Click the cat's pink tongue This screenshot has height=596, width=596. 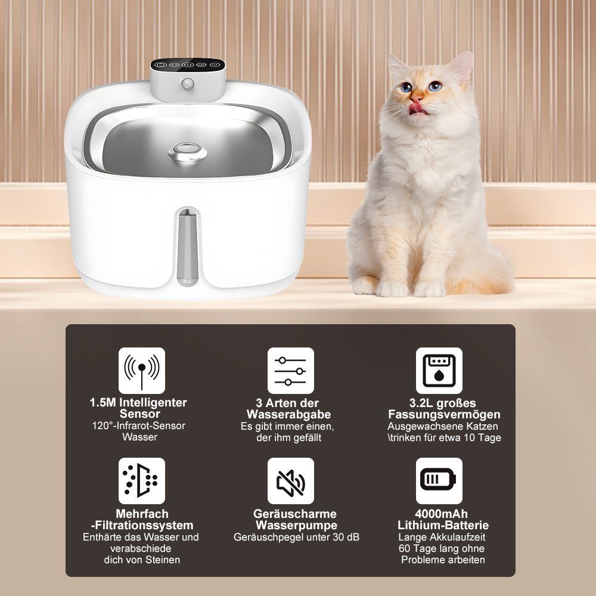coord(420,106)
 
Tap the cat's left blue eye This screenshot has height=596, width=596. coord(406,87)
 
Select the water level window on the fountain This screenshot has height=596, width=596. coord(187,244)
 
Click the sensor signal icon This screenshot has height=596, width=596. coord(141,371)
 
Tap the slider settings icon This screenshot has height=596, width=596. coord(290,371)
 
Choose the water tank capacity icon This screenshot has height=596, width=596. coord(439,371)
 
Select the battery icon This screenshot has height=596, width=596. coord(439,480)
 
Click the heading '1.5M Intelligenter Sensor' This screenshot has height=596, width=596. coord(138,408)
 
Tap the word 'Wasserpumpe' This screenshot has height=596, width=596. coord(296,525)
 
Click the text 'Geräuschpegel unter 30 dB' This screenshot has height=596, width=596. coord(296,537)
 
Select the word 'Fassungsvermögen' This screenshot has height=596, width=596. coord(444,414)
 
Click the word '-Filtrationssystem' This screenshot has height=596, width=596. coord(142,525)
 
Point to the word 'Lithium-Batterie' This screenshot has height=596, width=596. coord(443,525)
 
